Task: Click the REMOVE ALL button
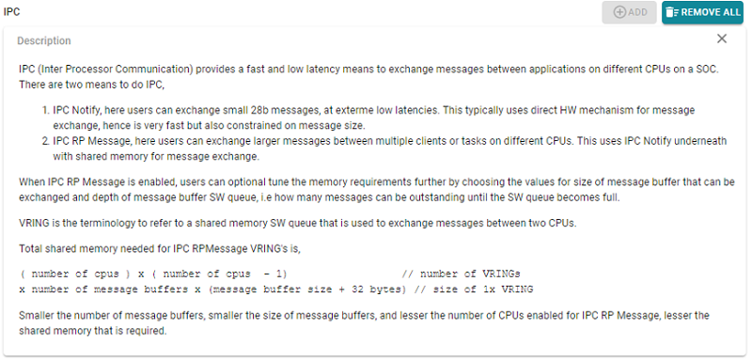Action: [x=702, y=12]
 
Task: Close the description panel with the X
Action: [x=722, y=39]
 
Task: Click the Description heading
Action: [x=43, y=41]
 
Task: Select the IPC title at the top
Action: [x=12, y=10]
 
